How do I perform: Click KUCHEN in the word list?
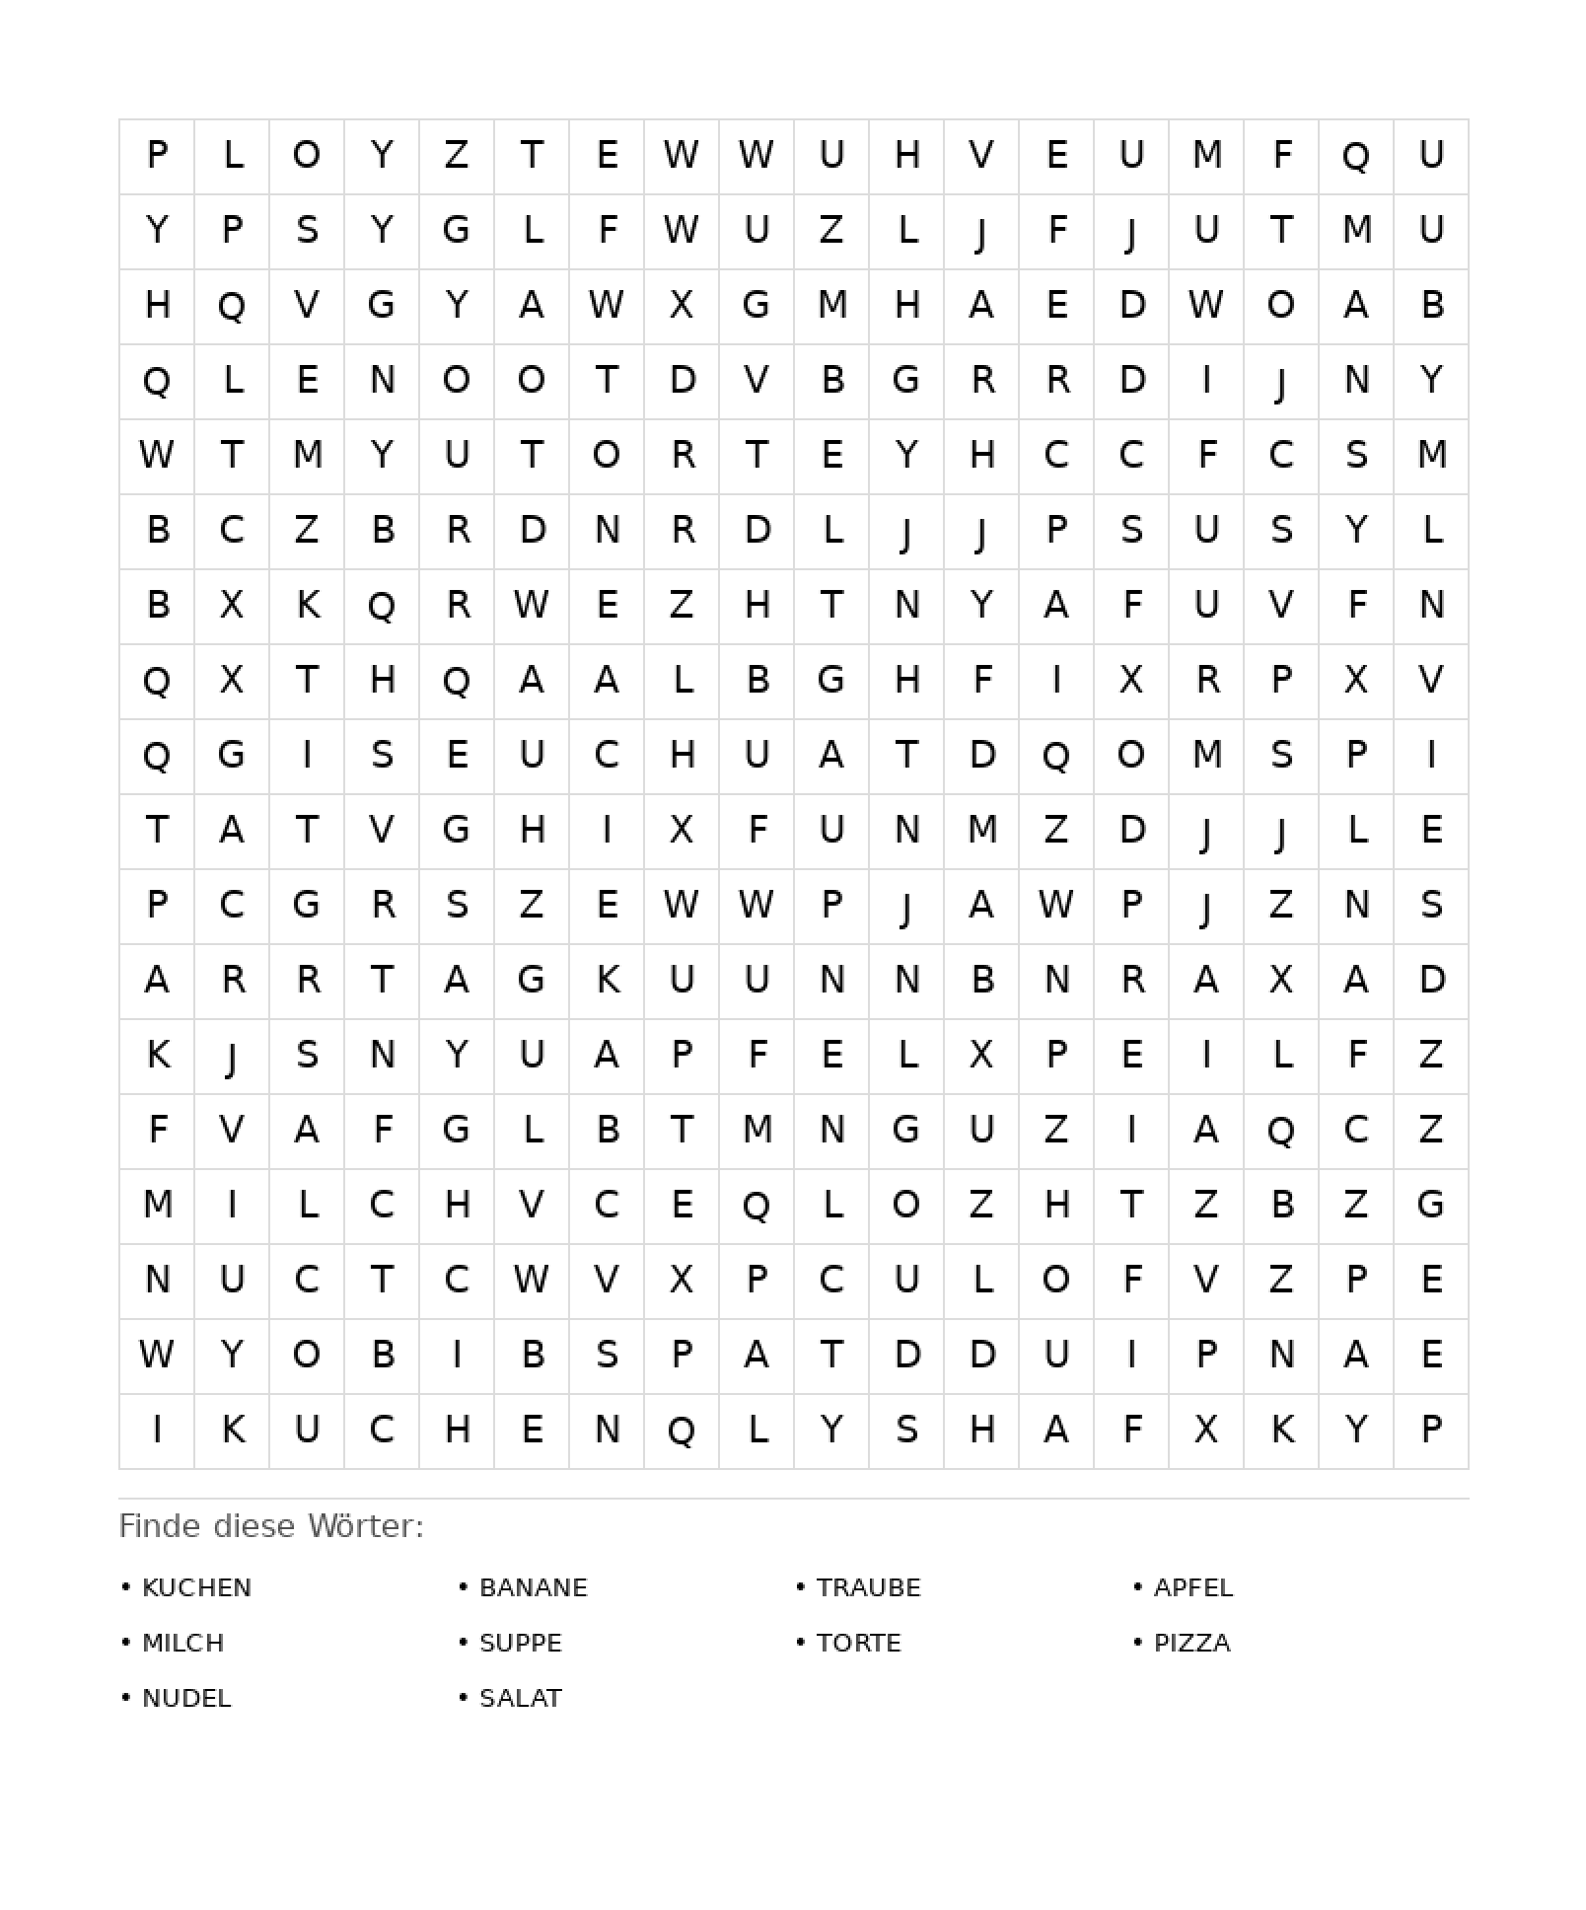(x=196, y=1587)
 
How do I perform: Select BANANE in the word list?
(x=533, y=1587)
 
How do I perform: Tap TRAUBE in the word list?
(x=868, y=1587)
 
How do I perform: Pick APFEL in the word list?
(x=1193, y=1587)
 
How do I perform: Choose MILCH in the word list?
(x=183, y=1643)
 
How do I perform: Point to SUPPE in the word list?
(x=520, y=1643)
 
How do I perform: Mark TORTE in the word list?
(x=858, y=1643)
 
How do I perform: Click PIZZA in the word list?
(x=1191, y=1643)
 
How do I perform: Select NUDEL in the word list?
(x=186, y=1698)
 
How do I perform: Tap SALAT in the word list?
(x=520, y=1698)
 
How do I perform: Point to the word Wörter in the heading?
(x=365, y=1526)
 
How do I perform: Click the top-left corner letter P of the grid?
(x=157, y=155)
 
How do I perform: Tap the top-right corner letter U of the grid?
(x=1431, y=155)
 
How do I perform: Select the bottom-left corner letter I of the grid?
(x=157, y=1430)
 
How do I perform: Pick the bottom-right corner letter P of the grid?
(x=1431, y=1430)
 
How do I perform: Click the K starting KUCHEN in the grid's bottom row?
(x=232, y=1430)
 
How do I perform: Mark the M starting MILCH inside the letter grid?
(x=157, y=1205)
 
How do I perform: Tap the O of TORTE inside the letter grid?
(x=607, y=455)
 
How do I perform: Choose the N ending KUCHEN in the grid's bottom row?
(x=607, y=1430)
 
